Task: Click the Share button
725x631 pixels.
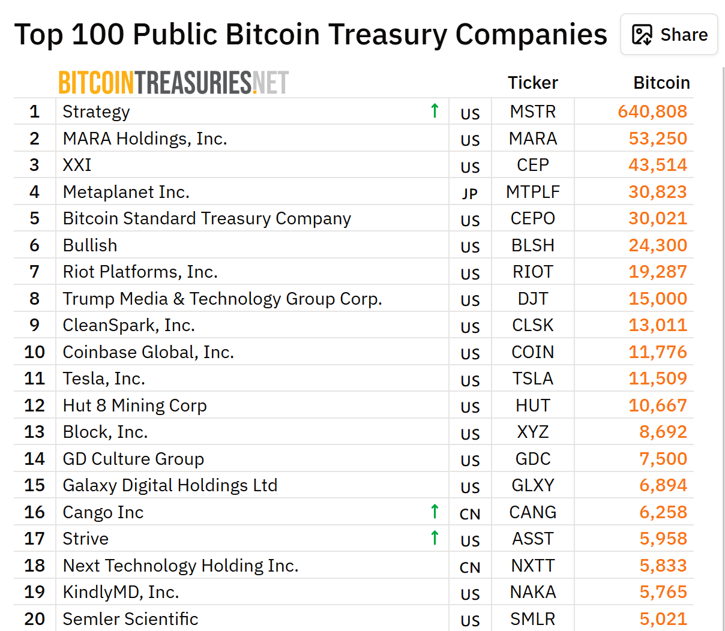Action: coord(669,35)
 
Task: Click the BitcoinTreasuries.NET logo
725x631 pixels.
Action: coord(173,83)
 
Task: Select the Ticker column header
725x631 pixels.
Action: coord(532,83)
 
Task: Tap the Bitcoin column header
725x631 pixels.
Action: coord(661,83)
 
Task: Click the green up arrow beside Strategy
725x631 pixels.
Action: coord(435,111)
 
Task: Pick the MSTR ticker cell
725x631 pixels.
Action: coord(532,112)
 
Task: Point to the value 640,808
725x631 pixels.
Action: coord(652,112)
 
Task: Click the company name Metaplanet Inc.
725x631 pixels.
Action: coord(126,192)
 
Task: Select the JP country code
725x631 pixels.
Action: coord(470,194)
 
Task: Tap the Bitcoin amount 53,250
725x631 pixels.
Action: coord(658,139)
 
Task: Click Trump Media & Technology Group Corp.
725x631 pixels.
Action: coord(222,299)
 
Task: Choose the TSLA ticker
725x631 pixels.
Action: coord(532,378)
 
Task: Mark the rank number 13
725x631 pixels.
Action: coord(35,432)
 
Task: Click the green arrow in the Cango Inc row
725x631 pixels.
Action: coord(435,512)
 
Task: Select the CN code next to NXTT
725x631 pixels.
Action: coord(470,567)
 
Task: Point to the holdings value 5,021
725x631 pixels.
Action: coord(663,619)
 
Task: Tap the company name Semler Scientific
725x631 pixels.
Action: coord(130,619)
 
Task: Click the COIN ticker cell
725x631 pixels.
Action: coord(532,352)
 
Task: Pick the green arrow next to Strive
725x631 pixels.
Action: coord(435,538)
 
